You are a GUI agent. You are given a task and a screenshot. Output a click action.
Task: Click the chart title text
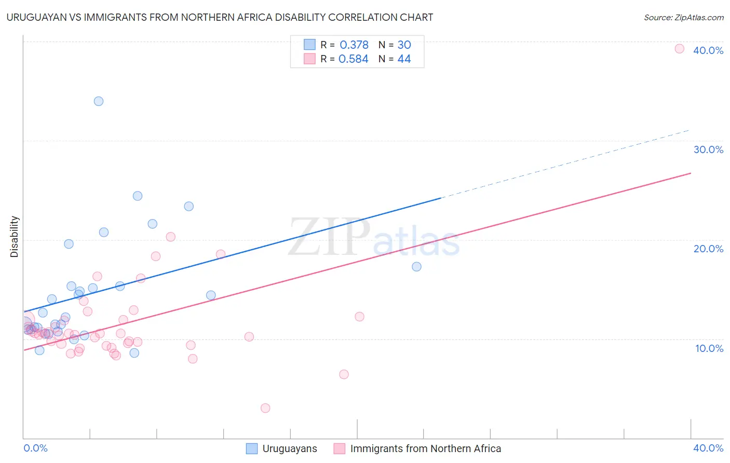click(x=220, y=17)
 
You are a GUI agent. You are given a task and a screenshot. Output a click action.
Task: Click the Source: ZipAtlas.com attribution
click(x=683, y=17)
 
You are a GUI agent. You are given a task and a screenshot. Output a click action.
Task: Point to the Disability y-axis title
click(x=15, y=237)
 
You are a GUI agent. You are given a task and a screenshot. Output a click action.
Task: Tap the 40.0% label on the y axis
click(x=708, y=50)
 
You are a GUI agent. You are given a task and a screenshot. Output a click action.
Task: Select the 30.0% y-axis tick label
click(x=708, y=149)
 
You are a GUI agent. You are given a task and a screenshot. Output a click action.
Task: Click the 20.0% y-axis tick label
click(x=708, y=249)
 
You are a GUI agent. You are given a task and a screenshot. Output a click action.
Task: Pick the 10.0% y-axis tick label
click(x=709, y=348)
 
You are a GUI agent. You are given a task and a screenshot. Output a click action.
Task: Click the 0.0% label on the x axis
click(x=35, y=448)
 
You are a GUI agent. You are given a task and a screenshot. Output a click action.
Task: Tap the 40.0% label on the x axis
click(x=708, y=448)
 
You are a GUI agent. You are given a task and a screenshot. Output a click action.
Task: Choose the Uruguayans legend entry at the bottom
click(x=289, y=448)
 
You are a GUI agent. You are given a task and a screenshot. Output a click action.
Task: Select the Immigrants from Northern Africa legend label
click(x=425, y=448)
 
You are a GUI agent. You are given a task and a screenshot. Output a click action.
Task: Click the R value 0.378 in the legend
click(x=354, y=45)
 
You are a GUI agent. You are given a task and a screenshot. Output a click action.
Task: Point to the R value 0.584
click(x=353, y=59)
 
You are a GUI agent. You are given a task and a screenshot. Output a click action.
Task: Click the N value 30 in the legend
click(x=404, y=45)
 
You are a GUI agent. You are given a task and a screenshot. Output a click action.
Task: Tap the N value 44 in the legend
click(x=404, y=59)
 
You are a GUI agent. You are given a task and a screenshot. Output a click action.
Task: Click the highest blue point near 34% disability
click(x=99, y=101)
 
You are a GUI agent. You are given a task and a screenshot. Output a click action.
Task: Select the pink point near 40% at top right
click(x=679, y=49)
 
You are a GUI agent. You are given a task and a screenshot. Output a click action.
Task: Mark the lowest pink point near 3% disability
click(x=265, y=408)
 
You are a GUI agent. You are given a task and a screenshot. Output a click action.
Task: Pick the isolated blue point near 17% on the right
click(x=416, y=267)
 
